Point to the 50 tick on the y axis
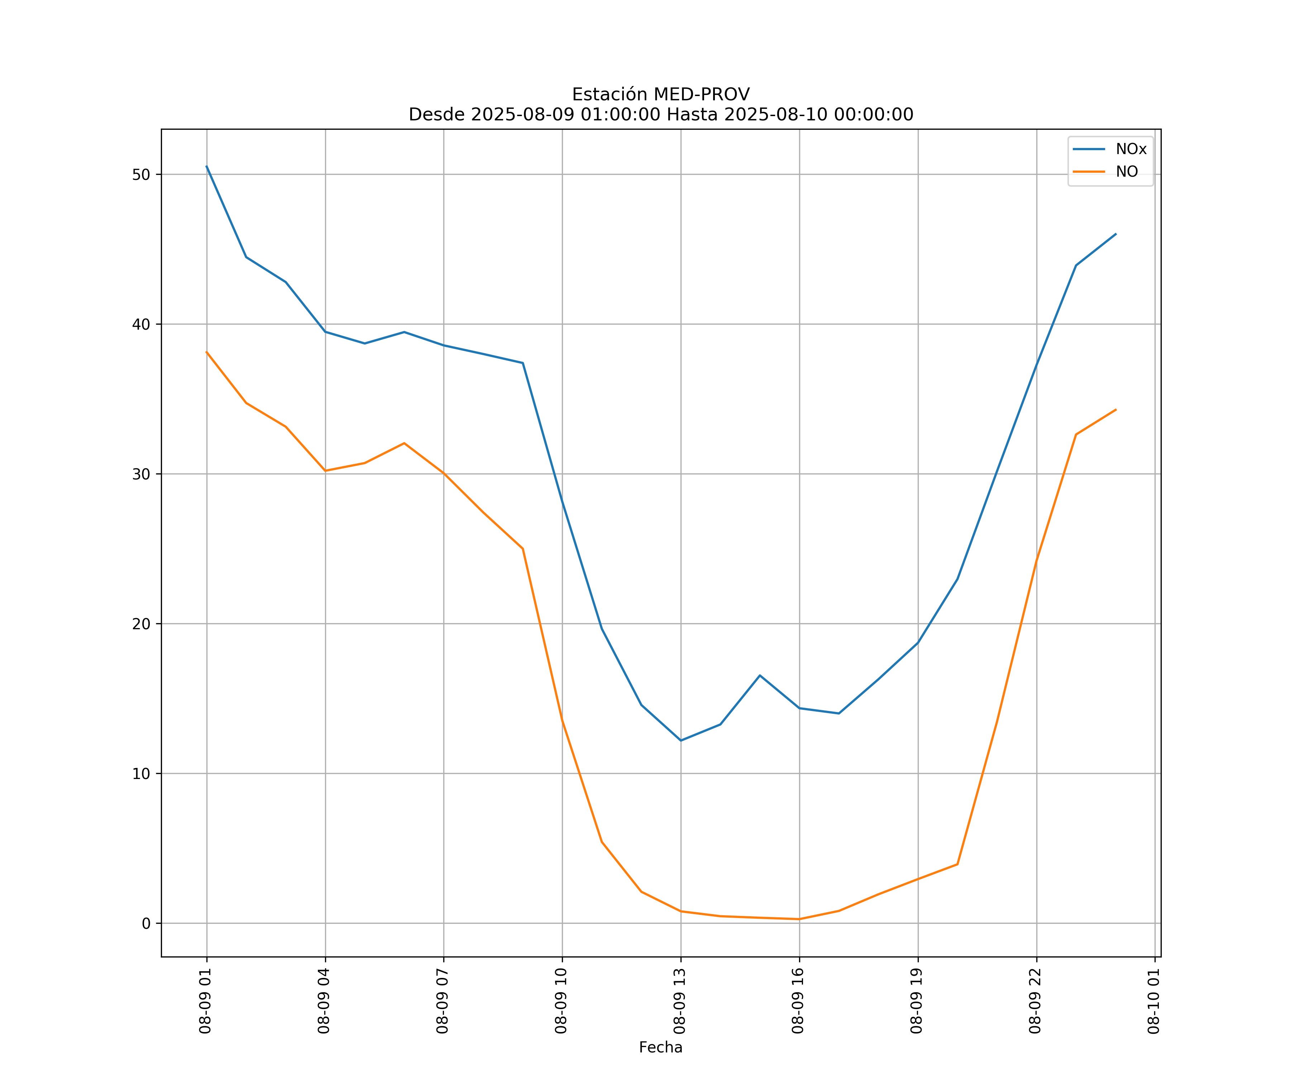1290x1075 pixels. [x=141, y=175]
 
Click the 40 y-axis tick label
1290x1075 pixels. [x=141, y=324]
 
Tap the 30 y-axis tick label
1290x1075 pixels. [x=141, y=474]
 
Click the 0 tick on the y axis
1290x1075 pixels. [x=145, y=924]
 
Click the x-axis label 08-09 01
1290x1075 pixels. [x=205, y=1001]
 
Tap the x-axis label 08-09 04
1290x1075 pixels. [x=324, y=1001]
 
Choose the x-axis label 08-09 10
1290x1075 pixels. [x=561, y=1001]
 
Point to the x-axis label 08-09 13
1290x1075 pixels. [x=679, y=1001]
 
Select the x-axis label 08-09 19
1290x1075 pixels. [x=917, y=1001]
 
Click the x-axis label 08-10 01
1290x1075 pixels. [x=1153, y=1001]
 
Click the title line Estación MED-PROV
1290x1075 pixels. [x=660, y=95]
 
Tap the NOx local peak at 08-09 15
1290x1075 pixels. [x=760, y=676]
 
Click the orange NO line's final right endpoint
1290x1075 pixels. [x=1115, y=410]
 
